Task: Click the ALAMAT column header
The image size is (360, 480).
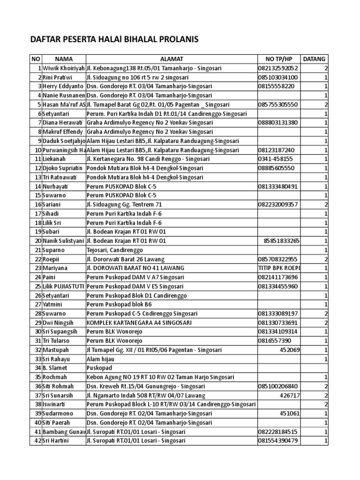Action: point(171,59)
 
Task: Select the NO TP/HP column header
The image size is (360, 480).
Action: point(278,59)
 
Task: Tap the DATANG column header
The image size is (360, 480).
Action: point(314,59)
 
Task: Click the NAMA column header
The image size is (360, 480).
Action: point(64,59)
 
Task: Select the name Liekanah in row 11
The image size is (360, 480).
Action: point(54,159)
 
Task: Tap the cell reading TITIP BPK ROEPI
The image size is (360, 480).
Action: point(279,268)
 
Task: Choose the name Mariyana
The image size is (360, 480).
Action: point(56,268)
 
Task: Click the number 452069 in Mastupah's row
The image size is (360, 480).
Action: point(290,350)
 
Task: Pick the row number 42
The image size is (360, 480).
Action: point(38,441)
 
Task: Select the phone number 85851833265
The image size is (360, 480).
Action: point(282,241)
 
